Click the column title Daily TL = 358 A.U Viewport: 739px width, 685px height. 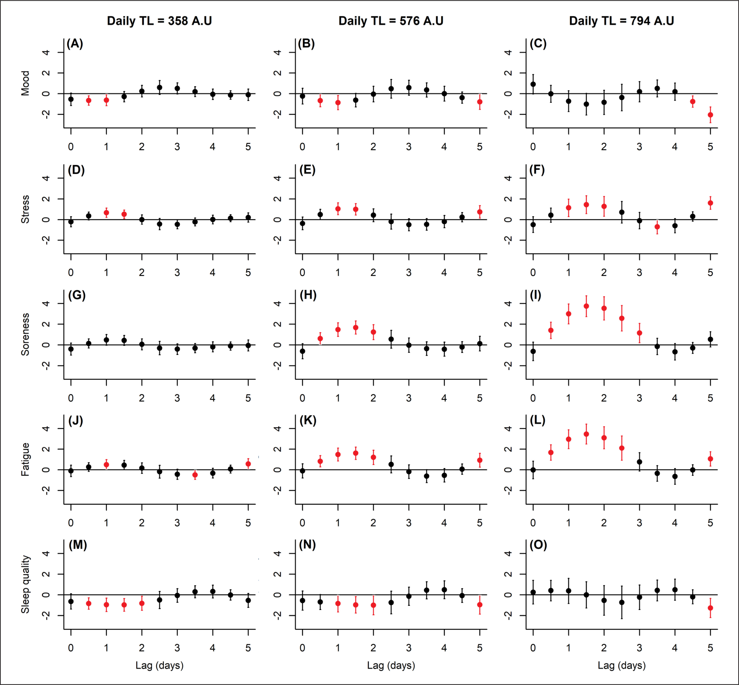click(159, 21)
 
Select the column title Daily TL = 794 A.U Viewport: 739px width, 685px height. click(621, 21)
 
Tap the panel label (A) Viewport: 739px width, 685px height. click(75, 44)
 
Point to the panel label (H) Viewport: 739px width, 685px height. click(308, 295)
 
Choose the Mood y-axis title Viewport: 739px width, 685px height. click(25, 83)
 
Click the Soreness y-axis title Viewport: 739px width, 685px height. click(25, 334)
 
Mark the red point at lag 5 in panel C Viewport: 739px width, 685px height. click(710, 115)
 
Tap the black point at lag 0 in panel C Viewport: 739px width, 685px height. click(533, 84)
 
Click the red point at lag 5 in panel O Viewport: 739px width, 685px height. click(710, 608)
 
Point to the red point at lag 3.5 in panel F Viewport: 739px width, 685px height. click(657, 227)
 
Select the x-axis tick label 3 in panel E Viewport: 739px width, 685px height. click(408, 273)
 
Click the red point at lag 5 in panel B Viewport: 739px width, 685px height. click(480, 102)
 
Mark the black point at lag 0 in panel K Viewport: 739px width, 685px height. click(302, 471)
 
